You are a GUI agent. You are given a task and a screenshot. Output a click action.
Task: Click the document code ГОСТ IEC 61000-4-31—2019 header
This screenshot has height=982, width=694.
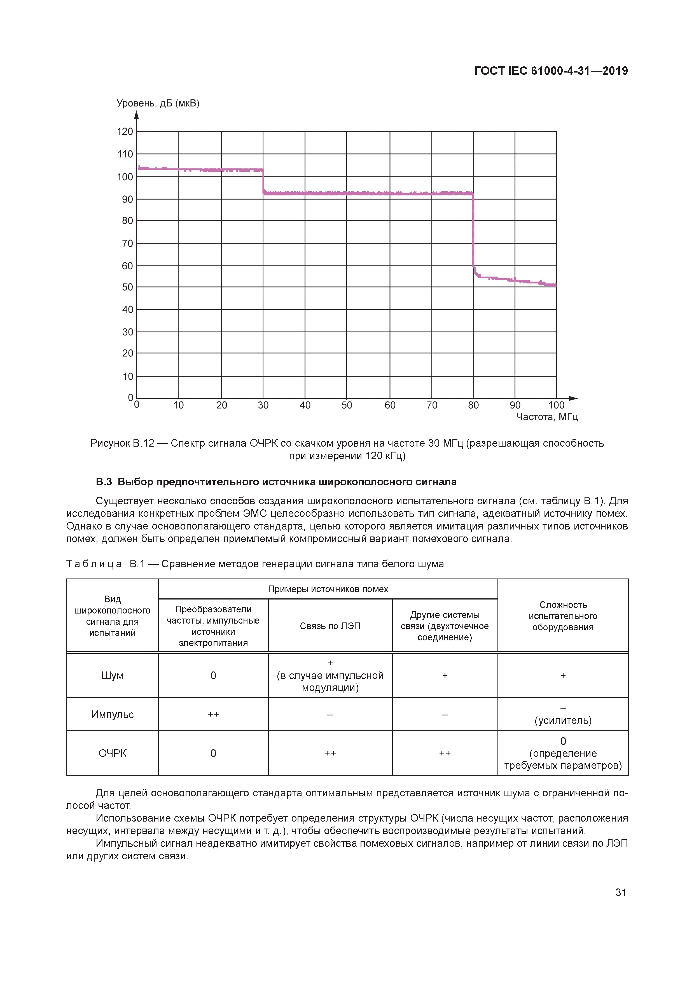click(x=551, y=71)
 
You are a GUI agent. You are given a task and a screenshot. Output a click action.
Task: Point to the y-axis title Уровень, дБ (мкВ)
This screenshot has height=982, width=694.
click(x=158, y=104)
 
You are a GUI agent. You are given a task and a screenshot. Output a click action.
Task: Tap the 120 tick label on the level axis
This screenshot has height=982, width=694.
click(x=125, y=132)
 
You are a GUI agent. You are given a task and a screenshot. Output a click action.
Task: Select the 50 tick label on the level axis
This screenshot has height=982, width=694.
click(x=127, y=287)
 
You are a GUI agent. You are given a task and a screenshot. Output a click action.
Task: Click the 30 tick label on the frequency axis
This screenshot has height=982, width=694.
click(x=263, y=405)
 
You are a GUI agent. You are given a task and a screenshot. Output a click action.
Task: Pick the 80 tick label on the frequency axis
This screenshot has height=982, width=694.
click(x=473, y=405)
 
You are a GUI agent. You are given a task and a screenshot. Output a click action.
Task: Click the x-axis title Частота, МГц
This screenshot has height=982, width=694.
click(x=547, y=417)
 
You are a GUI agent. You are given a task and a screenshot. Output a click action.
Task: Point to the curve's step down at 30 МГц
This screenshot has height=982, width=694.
click(x=263, y=182)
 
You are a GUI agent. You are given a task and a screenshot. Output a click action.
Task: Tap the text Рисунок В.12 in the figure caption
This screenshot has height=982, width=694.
click(x=122, y=443)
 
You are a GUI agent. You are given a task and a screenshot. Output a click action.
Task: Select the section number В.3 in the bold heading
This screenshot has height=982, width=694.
click(x=104, y=482)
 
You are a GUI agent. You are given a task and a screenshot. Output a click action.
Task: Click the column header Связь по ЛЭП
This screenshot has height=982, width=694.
click(x=330, y=626)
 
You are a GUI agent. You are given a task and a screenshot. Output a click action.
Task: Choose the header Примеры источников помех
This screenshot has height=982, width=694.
click(x=328, y=589)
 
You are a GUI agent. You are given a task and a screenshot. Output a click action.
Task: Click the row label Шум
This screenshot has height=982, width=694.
click(x=113, y=675)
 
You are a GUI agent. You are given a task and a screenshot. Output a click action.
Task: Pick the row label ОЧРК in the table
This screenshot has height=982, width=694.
click(x=113, y=753)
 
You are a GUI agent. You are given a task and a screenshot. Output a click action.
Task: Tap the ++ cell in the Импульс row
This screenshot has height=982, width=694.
click(x=213, y=714)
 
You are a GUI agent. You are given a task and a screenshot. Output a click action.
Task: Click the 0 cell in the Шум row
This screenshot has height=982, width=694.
click(x=213, y=675)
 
